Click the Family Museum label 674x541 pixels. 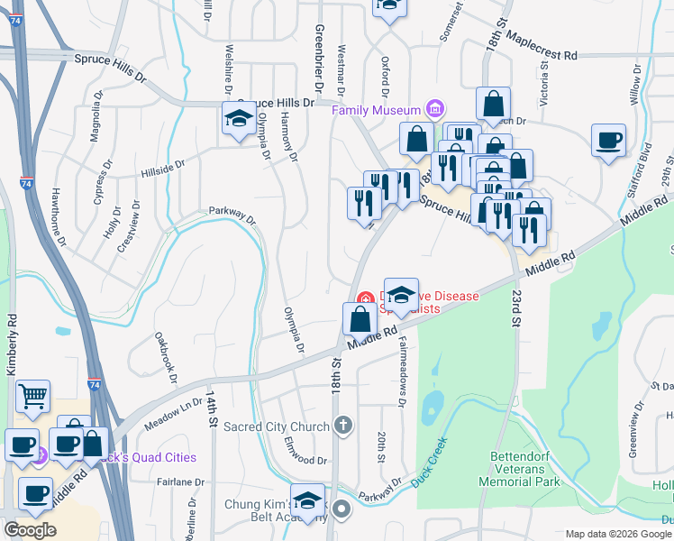tap(378, 110)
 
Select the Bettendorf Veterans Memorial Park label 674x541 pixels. tap(526, 469)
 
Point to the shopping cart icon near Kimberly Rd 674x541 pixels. tap(32, 395)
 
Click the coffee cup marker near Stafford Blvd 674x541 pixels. tap(608, 140)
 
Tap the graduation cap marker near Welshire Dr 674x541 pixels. tap(238, 118)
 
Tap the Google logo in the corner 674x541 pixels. tap(30, 530)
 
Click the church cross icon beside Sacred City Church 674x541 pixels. tap(342, 424)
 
